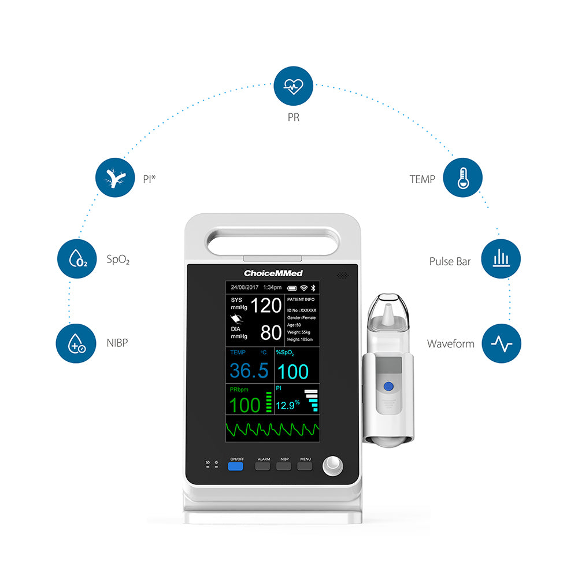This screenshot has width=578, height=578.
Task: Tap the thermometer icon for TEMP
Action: tap(462, 178)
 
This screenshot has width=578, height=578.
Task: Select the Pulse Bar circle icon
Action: tap(501, 259)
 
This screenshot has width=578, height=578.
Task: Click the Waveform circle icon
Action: tap(501, 343)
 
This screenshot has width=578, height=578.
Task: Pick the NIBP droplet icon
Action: tap(76, 343)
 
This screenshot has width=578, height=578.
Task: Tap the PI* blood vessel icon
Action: tap(115, 178)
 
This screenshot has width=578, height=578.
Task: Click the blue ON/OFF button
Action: tap(235, 465)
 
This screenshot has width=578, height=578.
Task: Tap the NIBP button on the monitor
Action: tap(284, 465)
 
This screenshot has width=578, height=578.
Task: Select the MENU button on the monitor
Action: tap(305, 465)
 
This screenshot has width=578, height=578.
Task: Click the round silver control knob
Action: tap(332, 466)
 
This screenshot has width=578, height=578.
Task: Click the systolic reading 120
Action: tap(266, 305)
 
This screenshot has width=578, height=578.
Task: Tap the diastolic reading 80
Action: tap(271, 332)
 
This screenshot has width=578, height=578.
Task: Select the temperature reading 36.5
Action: tap(249, 370)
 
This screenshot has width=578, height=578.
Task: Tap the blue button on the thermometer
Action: tap(389, 386)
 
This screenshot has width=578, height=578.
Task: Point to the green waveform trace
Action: tap(272, 429)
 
